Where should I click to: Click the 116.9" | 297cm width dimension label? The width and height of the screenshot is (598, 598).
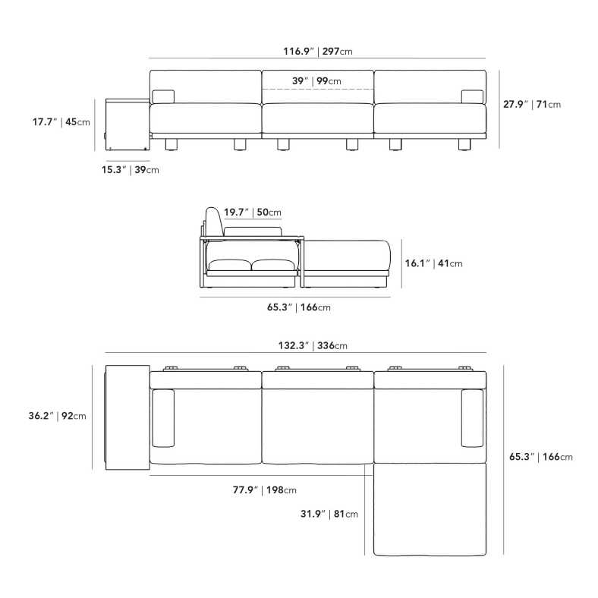[x=318, y=51]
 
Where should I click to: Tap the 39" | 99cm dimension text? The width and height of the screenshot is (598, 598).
[x=316, y=81]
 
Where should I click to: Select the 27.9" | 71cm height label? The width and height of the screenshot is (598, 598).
[x=532, y=104]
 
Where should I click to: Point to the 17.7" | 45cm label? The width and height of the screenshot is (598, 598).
[x=61, y=122]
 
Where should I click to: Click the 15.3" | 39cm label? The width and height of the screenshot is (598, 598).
[x=130, y=170]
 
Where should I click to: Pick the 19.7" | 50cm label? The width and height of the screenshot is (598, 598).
[x=253, y=212]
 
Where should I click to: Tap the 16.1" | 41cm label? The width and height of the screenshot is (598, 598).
[x=433, y=263]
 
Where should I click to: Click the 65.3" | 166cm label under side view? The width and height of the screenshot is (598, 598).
[x=298, y=307]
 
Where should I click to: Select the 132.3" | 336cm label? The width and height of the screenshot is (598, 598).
[x=313, y=345]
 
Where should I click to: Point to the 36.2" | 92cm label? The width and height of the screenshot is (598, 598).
[x=57, y=416]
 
